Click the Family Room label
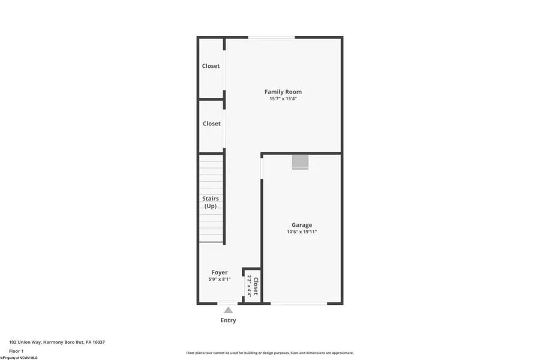tap(283, 92)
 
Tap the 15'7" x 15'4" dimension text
tap(283, 99)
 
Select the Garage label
tap(301, 225)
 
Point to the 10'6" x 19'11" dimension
tap(301, 232)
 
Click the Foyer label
tap(219, 272)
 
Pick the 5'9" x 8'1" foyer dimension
tap(219, 279)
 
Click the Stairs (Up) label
tap(211, 202)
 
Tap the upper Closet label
tap(211, 66)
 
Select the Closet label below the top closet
tap(211, 124)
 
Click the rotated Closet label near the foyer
tap(256, 286)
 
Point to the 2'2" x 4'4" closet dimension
tap(249, 286)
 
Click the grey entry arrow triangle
tap(228, 310)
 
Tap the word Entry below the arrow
tap(228, 320)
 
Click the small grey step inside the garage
tap(300, 162)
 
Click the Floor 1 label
tap(16, 351)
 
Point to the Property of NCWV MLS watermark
tap(19, 358)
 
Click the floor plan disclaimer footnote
tap(270, 353)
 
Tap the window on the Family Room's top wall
tap(272, 38)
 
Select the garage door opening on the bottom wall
tap(299, 304)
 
